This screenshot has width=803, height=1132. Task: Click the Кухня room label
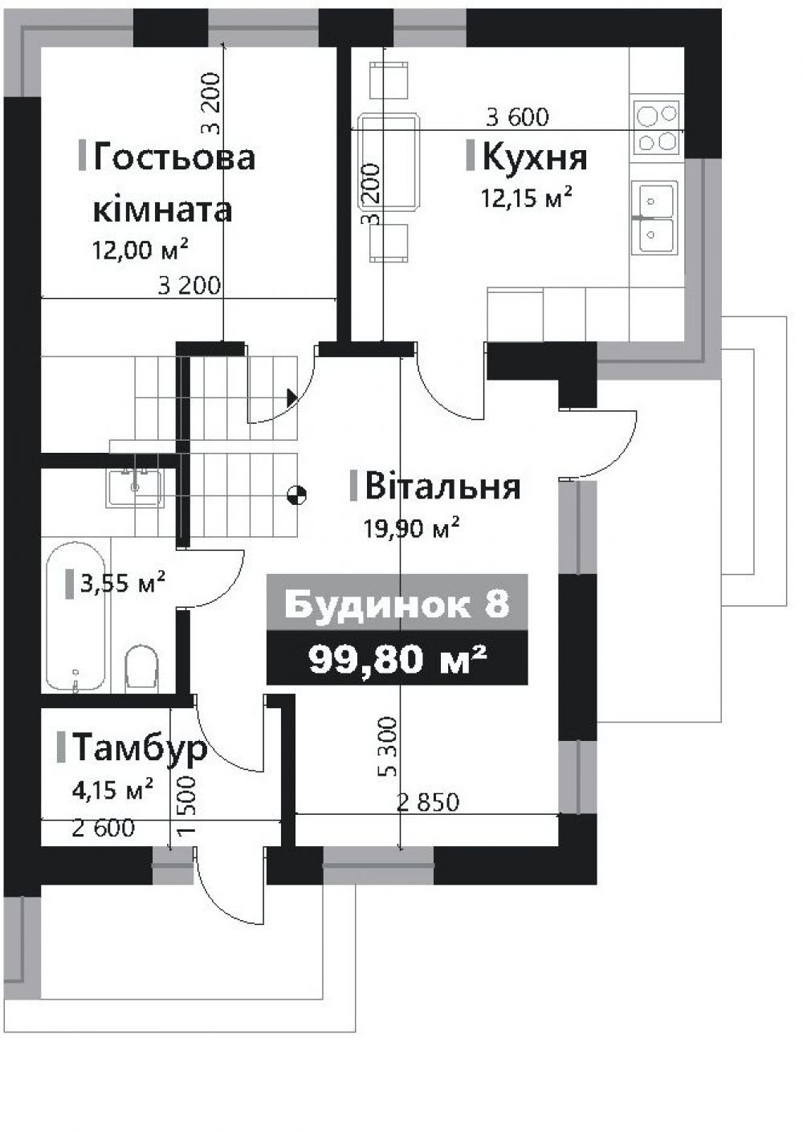point(534,158)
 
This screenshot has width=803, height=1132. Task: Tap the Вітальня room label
point(442,487)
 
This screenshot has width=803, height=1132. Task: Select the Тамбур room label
point(139,747)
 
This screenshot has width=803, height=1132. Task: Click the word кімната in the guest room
point(163,210)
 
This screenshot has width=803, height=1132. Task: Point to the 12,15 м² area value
point(526,197)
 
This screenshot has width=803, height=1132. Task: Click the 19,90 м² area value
point(412,528)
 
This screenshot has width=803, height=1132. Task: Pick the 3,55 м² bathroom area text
point(122,582)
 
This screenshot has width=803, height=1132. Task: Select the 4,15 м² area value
point(112,790)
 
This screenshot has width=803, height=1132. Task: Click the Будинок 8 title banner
point(397,604)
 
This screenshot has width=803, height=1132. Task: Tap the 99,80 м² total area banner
point(397,658)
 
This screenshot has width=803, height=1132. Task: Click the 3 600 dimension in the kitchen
point(517,117)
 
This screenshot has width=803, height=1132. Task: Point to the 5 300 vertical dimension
point(388,747)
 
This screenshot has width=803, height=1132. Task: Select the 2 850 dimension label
point(428,801)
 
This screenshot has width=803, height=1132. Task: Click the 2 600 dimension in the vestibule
point(103,828)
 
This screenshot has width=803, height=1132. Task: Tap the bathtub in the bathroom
point(75,617)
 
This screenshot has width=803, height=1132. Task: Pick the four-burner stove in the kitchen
point(657,127)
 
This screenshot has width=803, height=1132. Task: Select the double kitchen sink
point(656,217)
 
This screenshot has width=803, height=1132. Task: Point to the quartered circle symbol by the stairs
point(296,495)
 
